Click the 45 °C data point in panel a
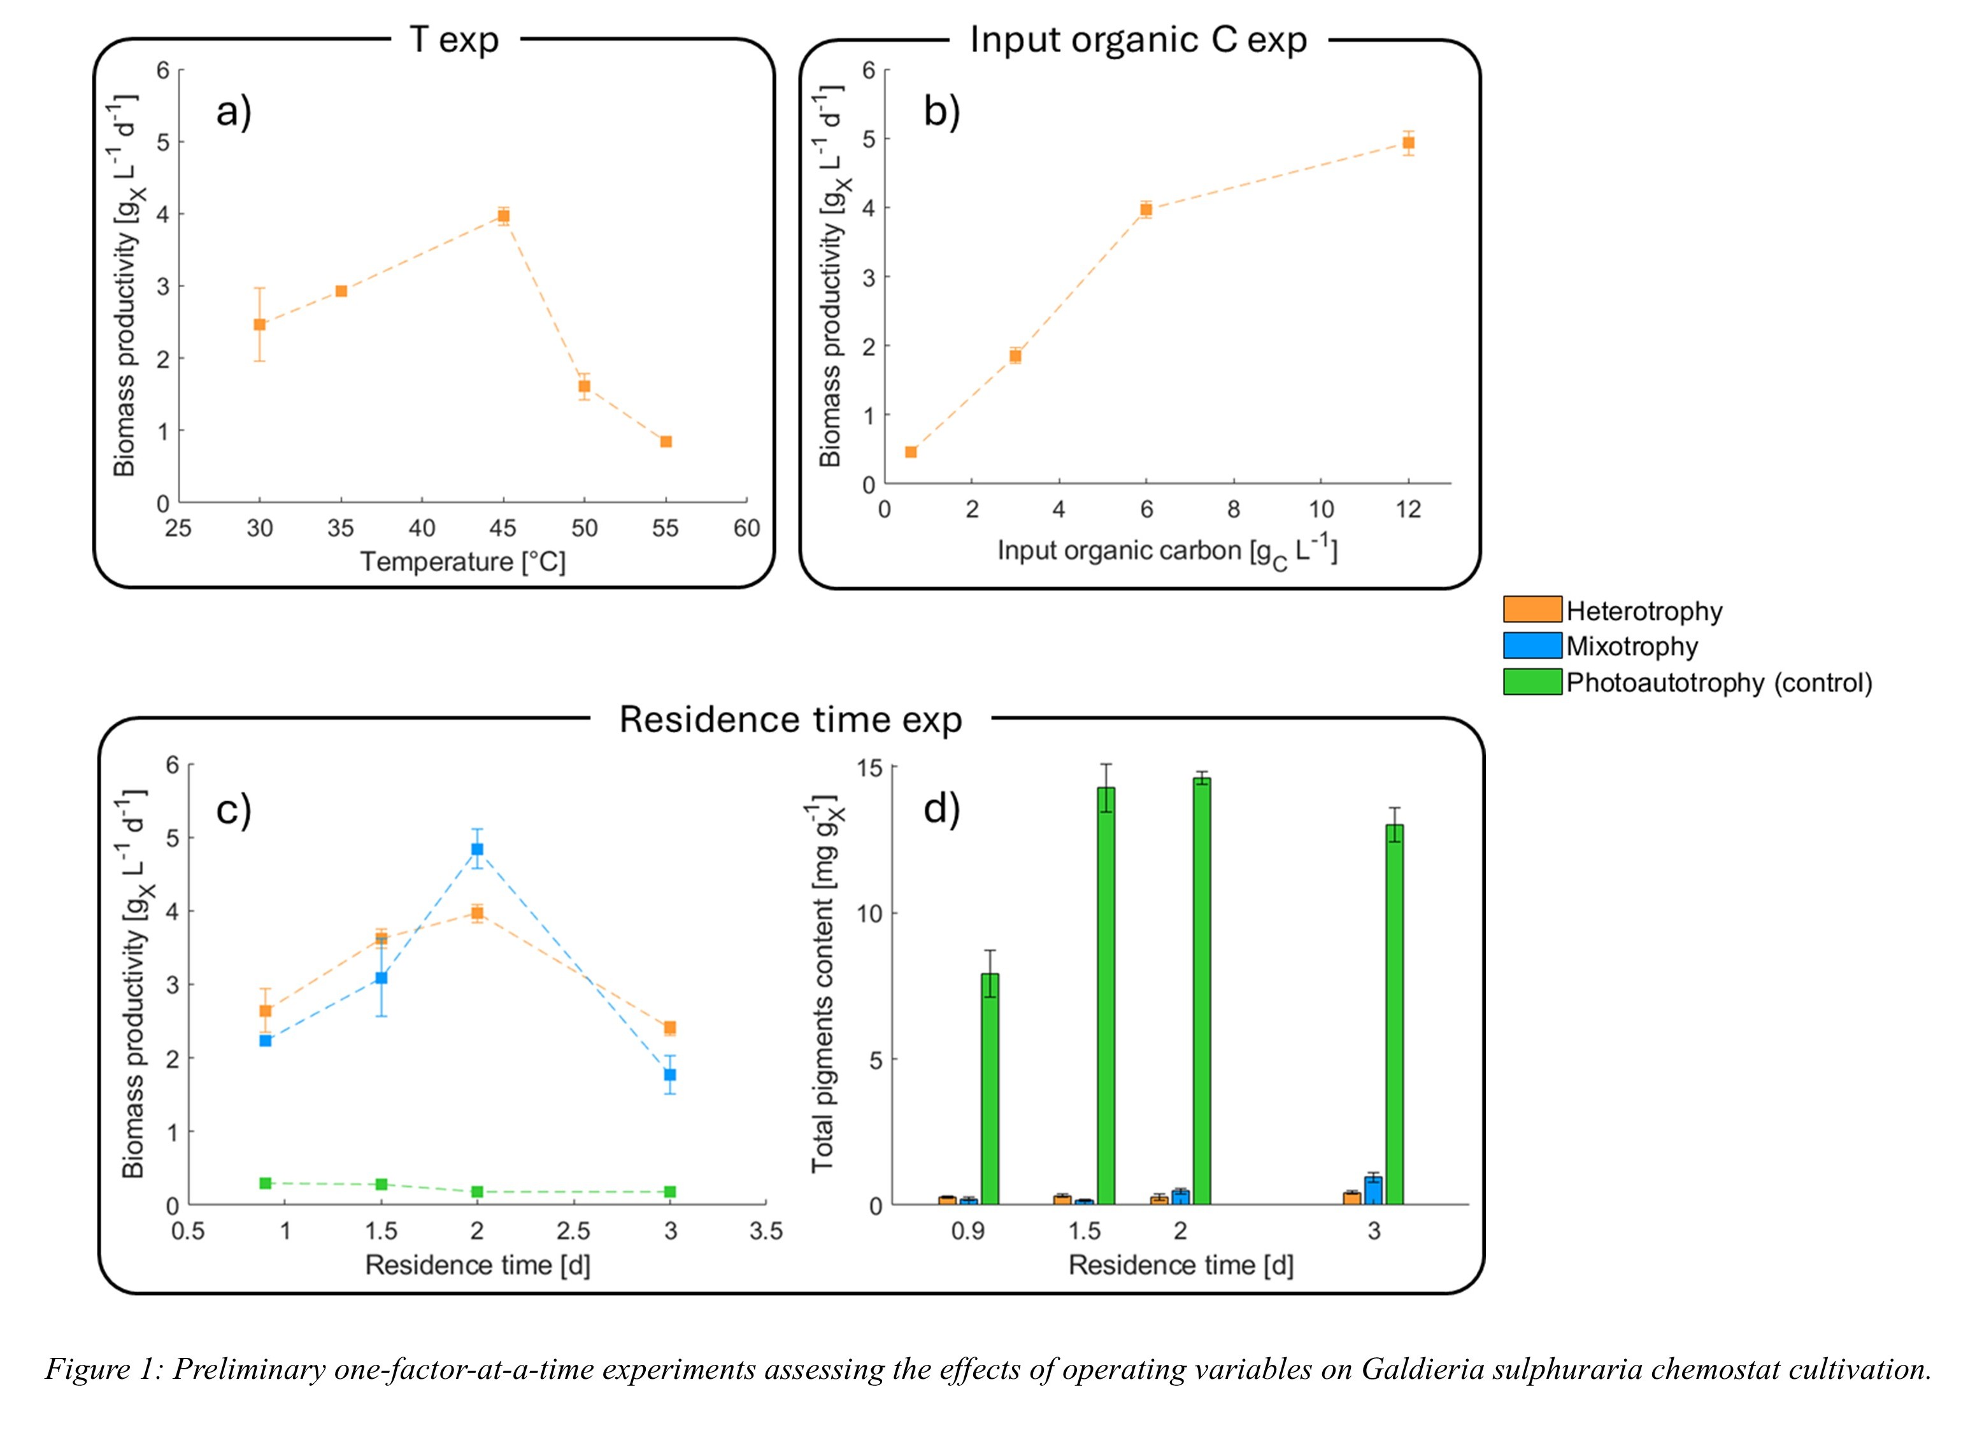(x=503, y=216)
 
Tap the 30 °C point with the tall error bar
(x=259, y=324)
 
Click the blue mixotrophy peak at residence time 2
(x=477, y=849)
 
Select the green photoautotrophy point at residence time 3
(x=669, y=1192)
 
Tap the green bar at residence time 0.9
(x=990, y=1088)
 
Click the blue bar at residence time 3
(x=1373, y=1191)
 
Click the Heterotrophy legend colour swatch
(x=1532, y=610)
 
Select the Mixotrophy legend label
(x=1632, y=646)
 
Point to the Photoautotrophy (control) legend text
(x=1719, y=683)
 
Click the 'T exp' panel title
(x=455, y=40)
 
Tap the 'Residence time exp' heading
(x=790, y=720)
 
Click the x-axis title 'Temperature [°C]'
(x=463, y=562)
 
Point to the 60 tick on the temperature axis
(x=746, y=528)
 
